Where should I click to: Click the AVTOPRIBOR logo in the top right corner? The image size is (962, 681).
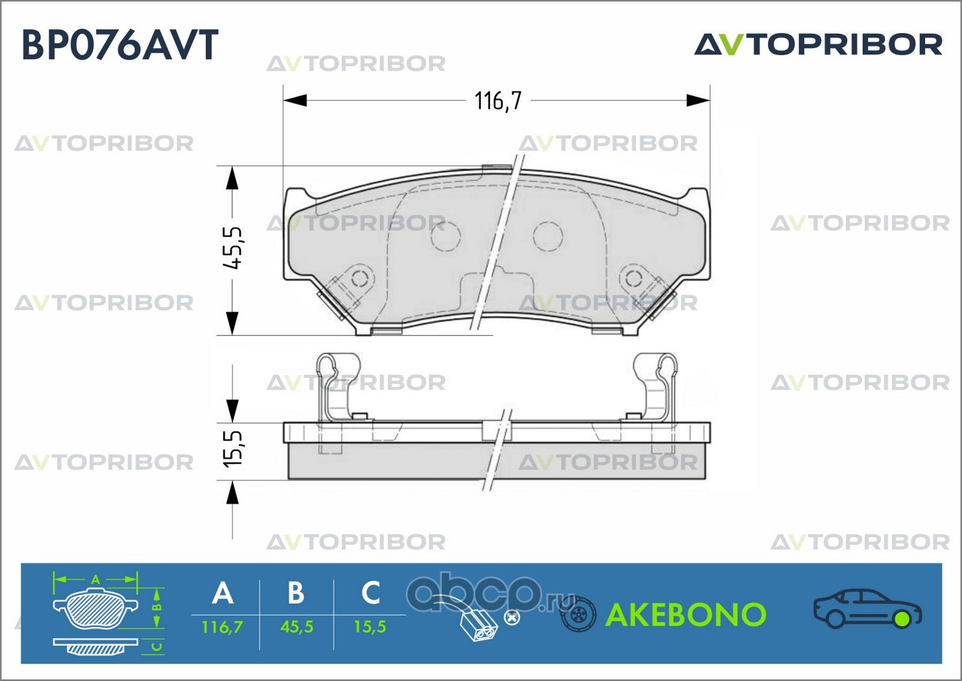pyautogui.click(x=818, y=44)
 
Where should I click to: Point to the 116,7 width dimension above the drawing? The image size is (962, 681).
pyautogui.click(x=497, y=100)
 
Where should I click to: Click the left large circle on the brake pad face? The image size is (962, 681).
pyautogui.click(x=446, y=236)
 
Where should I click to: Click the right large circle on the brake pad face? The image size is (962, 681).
pyautogui.click(x=548, y=236)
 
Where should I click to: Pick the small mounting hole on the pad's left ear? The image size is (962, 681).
pyautogui.click(x=361, y=279)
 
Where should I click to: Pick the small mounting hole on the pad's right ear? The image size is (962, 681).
pyautogui.click(x=634, y=279)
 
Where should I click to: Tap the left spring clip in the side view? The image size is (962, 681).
pyautogui.click(x=331, y=383)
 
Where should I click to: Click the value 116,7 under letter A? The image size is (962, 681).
pyautogui.click(x=222, y=626)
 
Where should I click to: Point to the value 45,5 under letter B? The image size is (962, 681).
pyautogui.click(x=296, y=626)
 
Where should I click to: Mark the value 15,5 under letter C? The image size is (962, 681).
pyautogui.click(x=371, y=626)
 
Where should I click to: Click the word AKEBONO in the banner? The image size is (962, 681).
pyautogui.click(x=685, y=615)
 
